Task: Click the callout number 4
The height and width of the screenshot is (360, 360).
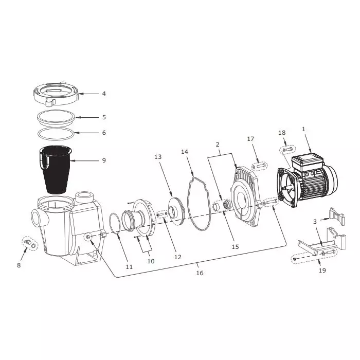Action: [x=104, y=94]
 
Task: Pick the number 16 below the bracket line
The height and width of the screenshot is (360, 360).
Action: [x=200, y=273]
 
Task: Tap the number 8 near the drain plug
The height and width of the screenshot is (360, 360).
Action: [x=19, y=265]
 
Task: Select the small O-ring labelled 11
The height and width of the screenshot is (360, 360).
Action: [x=117, y=224]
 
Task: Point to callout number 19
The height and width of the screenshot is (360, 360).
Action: [x=322, y=270]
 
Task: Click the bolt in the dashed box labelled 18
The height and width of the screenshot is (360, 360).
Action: [x=287, y=150]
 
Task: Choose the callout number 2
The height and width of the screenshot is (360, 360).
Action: [x=218, y=145]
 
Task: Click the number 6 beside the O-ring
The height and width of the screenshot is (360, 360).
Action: [x=104, y=133]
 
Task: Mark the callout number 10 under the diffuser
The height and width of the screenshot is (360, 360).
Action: [x=151, y=261]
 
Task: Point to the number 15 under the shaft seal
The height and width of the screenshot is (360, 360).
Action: [x=235, y=246]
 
